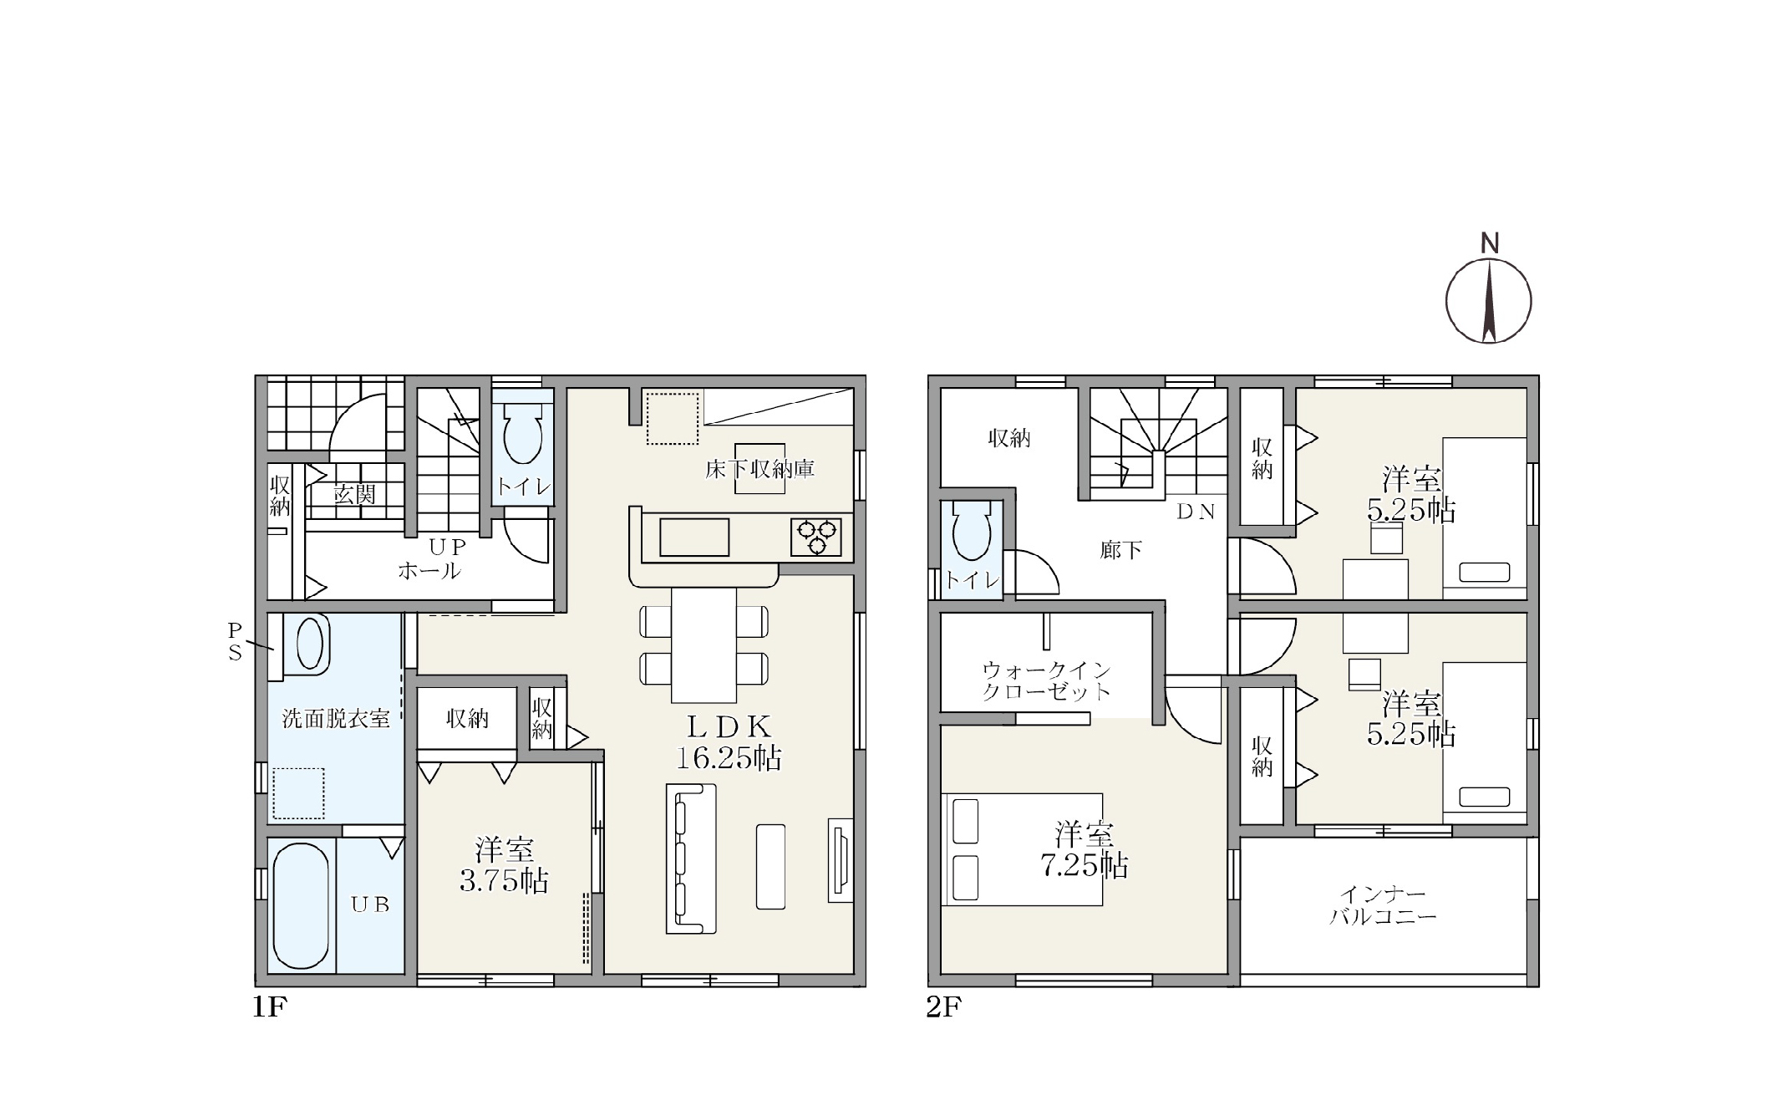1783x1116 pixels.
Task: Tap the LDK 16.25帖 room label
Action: (729, 741)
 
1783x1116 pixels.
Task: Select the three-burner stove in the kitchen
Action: (816, 537)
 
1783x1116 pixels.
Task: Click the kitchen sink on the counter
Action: (694, 537)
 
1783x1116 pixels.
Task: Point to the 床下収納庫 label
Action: (759, 469)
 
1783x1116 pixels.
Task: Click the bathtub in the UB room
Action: (302, 905)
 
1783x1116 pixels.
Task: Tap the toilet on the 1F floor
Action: (523, 435)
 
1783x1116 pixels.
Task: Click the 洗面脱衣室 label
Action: (336, 719)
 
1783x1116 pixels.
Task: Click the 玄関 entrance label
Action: (354, 495)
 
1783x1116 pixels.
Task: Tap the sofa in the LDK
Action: (691, 859)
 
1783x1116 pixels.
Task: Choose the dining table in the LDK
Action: (704, 645)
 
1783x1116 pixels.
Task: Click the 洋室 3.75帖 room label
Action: (504, 866)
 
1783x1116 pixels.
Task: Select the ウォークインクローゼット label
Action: (1046, 680)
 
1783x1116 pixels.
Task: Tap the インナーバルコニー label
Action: (1383, 906)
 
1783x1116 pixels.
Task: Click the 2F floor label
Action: (943, 1008)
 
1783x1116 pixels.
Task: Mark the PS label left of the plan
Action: (235, 641)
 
